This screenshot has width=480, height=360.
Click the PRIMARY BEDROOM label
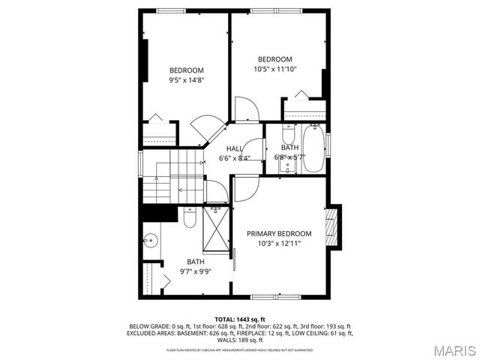pyautogui.click(x=279, y=234)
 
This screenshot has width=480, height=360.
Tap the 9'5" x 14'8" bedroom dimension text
pyautogui.click(x=186, y=79)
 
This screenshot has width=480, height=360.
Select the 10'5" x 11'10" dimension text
pyautogui.click(x=275, y=68)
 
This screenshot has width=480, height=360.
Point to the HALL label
pyautogui.click(x=235, y=148)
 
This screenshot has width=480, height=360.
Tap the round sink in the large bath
pyautogui.click(x=150, y=241)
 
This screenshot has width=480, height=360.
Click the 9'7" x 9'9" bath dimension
pyautogui.click(x=195, y=271)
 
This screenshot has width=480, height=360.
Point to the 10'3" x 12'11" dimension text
pyautogui.click(x=279, y=244)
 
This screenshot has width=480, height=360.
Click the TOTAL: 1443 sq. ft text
pyautogui.click(x=240, y=319)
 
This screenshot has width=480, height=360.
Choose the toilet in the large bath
pyautogui.click(x=189, y=218)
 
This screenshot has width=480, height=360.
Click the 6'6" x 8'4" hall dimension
pyautogui.click(x=234, y=158)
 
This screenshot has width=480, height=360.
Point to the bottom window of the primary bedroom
pyautogui.click(x=271, y=298)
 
